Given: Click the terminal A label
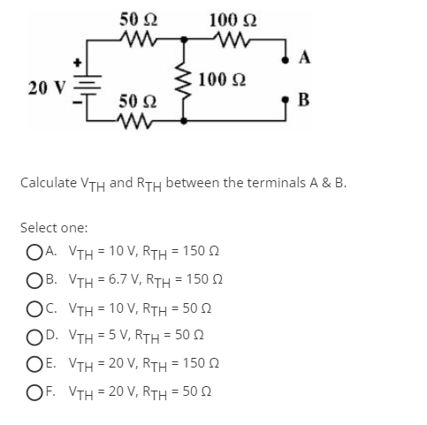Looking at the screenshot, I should [x=304, y=59].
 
